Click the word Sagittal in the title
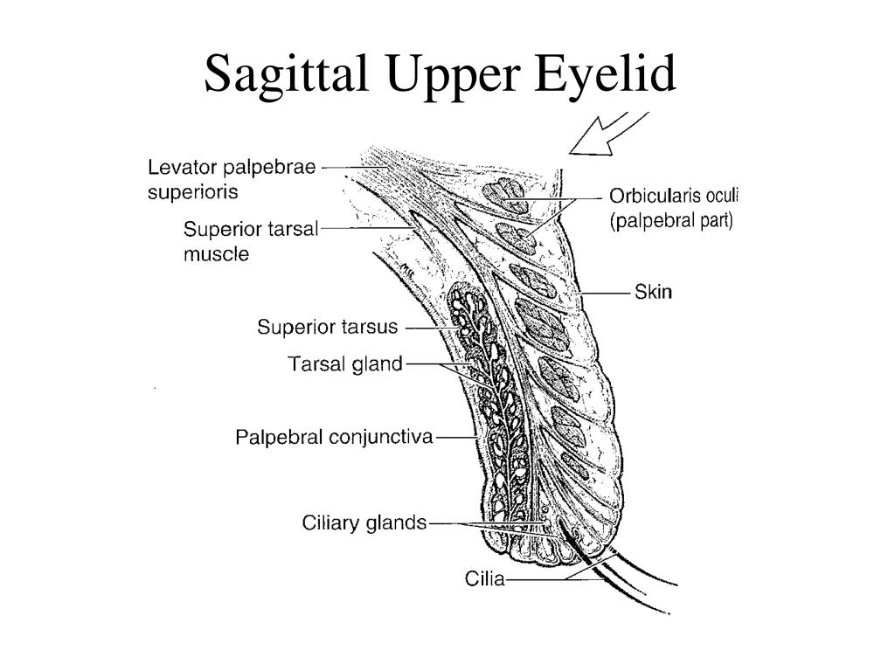[287, 74]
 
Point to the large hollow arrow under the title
[608, 133]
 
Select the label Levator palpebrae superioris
[232, 179]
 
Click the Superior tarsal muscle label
[251, 241]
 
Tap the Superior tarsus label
[328, 327]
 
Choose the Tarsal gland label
[345, 364]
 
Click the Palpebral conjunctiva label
[335, 438]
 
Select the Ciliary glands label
[364, 522]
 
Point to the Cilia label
[484, 579]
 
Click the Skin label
[653, 292]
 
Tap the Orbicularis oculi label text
[674, 196]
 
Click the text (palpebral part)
[671, 220]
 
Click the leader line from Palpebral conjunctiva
[456, 438]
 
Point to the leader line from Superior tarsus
[432, 329]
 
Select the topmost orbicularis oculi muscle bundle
[504, 195]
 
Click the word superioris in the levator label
[192, 192]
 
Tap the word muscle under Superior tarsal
[217, 254]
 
